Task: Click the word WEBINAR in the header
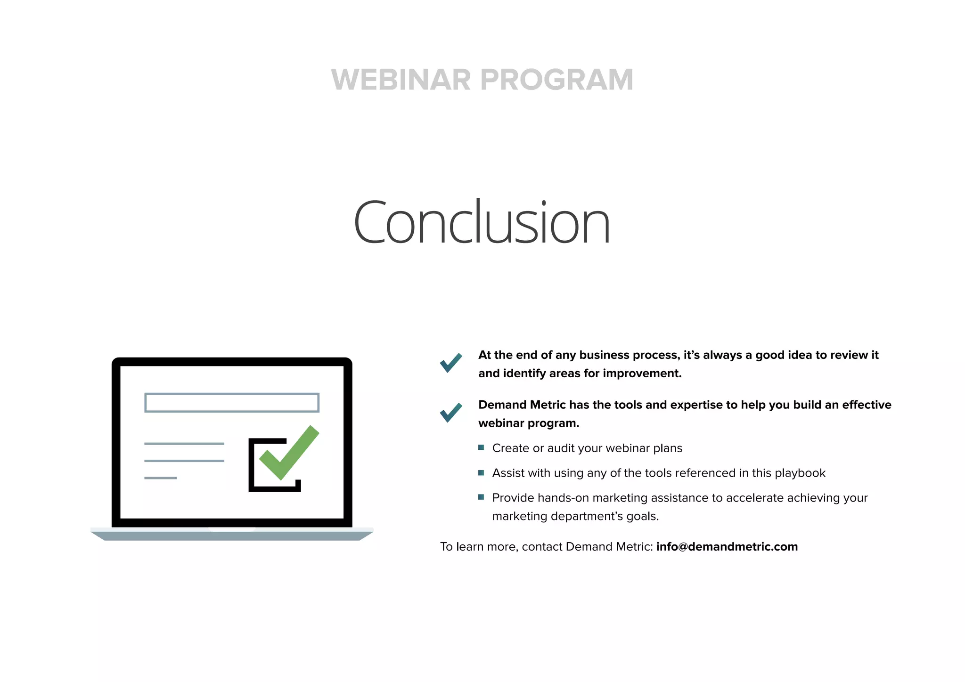(x=401, y=80)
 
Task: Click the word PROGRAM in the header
(x=557, y=80)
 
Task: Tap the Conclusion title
(x=482, y=222)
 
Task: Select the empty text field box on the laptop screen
(x=231, y=403)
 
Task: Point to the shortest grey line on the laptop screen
(x=160, y=478)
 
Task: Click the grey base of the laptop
(x=232, y=536)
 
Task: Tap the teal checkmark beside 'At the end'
(x=451, y=362)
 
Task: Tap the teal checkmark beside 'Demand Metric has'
(x=451, y=412)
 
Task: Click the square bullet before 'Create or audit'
(x=481, y=447)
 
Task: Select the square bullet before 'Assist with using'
(x=481, y=472)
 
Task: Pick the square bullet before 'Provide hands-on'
(x=481, y=497)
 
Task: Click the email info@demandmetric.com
(x=727, y=546)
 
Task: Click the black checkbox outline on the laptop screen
(x=251, y=471)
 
